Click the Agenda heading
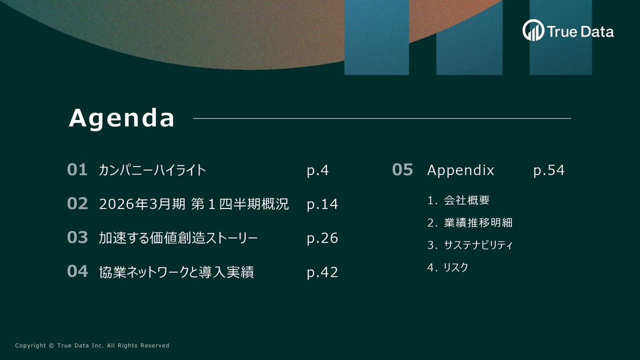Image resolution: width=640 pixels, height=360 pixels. coord(122,118)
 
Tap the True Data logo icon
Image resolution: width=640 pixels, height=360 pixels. coord(533,30)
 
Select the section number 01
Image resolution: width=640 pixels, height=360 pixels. coord(77,170)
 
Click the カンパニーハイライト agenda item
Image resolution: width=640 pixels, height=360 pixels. coord(152,170)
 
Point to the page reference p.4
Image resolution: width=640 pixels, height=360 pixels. coord(317,170)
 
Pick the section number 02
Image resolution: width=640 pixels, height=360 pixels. coord(77,204)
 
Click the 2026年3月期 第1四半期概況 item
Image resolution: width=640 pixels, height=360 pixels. coord(194,204)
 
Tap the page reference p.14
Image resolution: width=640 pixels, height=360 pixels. coord(322,204)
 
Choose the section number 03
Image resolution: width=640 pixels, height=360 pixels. coord(77,238)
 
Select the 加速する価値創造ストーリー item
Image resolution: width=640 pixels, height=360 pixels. coord(178,238)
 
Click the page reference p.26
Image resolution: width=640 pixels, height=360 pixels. coord(322,238)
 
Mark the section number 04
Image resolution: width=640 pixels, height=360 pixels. coord(77,271)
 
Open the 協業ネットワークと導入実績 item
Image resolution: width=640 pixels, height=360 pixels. coord(176,272)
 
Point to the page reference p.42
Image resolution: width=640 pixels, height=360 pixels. coord(322,272)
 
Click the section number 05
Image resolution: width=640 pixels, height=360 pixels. coord(402,170)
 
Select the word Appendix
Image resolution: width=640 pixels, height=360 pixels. coord(460,170)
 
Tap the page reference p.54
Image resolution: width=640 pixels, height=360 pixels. coord(548,170)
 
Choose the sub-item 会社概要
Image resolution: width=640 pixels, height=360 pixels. coord(466,200)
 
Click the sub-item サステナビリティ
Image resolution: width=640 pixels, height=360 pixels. coord(478,245)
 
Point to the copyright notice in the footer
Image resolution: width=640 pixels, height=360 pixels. coord(92,345)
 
